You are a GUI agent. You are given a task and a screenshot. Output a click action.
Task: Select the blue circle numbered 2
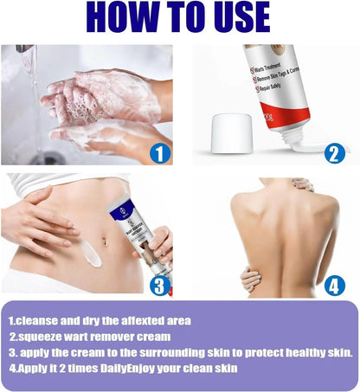[334, 153]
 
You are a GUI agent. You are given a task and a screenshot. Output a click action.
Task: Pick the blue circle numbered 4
[335, 285]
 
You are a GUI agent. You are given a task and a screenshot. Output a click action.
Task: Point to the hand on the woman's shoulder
[303, 184]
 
